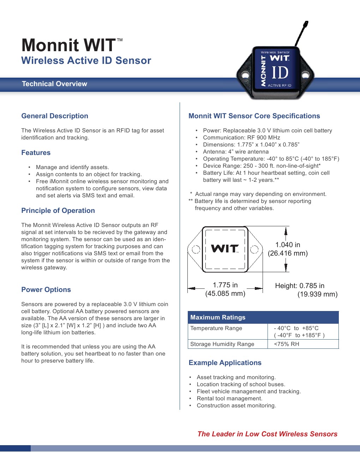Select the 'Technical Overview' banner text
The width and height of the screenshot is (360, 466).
(x=54, y=84)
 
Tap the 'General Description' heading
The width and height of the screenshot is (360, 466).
(x=55, y=116)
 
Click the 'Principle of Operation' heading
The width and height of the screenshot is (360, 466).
(x=58, y=211)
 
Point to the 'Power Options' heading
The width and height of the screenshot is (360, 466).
(x=46, y=289)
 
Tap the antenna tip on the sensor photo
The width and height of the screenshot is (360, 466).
(x=307, y=22)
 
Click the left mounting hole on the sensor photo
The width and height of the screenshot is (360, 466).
(x=245, y=75)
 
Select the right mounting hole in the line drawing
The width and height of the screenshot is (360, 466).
(x=254, y=249)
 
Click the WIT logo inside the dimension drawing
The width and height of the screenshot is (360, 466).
(x=225, y=249)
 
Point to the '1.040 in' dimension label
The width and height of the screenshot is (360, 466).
(x=288, y=245)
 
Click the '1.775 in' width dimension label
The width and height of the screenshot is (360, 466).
(x=225, y=285)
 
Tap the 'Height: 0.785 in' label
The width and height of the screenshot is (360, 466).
(x=300, y=286)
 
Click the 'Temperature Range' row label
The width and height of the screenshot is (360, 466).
(x=216, y=328)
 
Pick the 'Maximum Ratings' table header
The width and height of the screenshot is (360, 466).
(x=218, y=317)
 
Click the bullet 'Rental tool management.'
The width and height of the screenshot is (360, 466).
(x=229, y=399)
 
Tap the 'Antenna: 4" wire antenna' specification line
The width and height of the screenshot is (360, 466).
(x=236, y=151)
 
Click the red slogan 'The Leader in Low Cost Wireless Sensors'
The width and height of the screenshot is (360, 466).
(x=268, y=434)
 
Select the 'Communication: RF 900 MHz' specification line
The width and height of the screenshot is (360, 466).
(x=241, y=137)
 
